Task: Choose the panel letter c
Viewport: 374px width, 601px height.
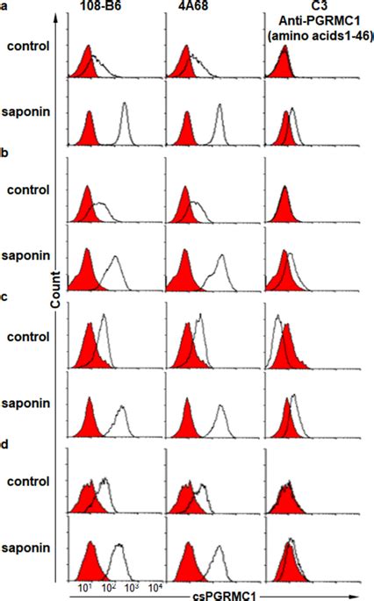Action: (x=4, y=298)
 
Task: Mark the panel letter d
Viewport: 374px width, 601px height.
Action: (x=4, y=445)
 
